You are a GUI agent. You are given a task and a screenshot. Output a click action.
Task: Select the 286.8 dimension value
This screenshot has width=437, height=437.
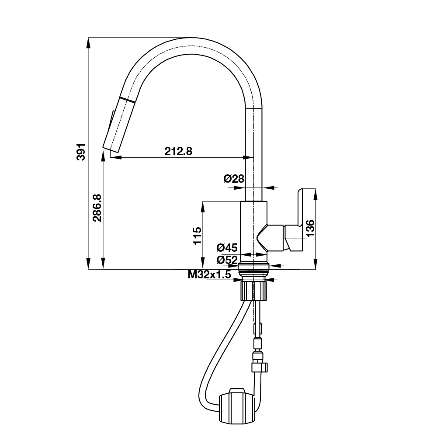click(x=97, y=208)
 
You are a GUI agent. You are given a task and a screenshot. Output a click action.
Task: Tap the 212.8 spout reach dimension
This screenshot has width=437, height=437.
click(x=178, y=151)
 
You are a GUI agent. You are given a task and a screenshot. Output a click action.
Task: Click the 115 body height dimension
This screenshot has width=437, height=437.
click(x=197, y=236)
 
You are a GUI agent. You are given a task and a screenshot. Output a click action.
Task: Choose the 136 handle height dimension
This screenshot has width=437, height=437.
click(x=310, y=229)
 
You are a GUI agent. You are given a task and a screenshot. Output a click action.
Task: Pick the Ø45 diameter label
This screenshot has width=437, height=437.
click(x=226, y=247)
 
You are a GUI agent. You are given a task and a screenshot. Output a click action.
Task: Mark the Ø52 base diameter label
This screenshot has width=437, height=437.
click(x=227, y=260)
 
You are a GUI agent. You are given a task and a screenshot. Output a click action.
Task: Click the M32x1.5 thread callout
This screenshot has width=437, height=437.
click(x=209, y=275)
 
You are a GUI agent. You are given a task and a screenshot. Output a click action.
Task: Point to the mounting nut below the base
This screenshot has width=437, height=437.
click(x=253, y=290)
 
